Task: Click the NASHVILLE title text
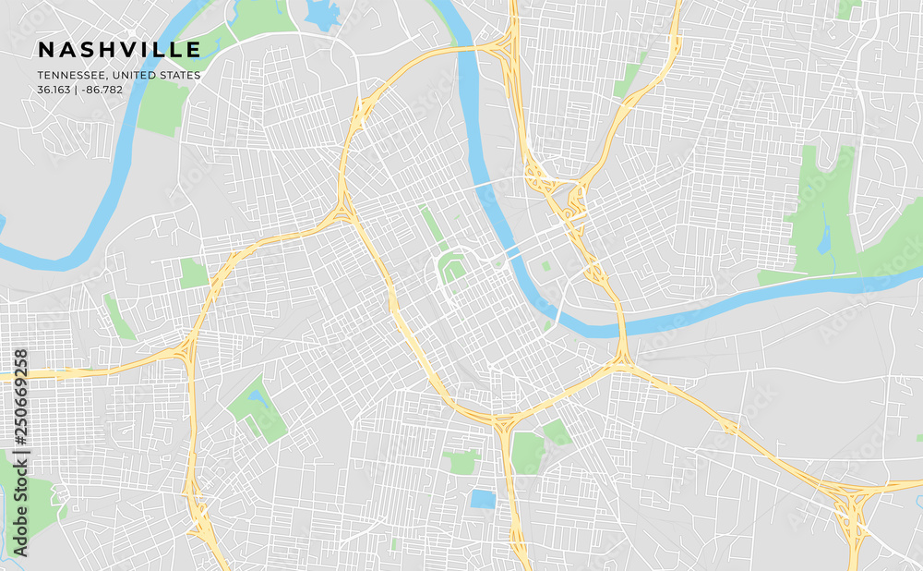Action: pos(119,49)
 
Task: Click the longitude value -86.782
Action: pos(102,90)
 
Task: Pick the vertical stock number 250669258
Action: pos(20,453)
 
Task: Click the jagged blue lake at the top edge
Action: pos(322,13)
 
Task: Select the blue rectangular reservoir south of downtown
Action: pos(483,499)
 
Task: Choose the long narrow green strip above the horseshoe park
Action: pos(431,225)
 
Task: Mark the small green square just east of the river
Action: pos(546,266)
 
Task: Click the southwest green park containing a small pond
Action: pos(258,409)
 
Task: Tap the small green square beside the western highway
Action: pos(194,273)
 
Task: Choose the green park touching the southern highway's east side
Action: pos(528,452)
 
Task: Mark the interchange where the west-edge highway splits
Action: pos(187,350)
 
